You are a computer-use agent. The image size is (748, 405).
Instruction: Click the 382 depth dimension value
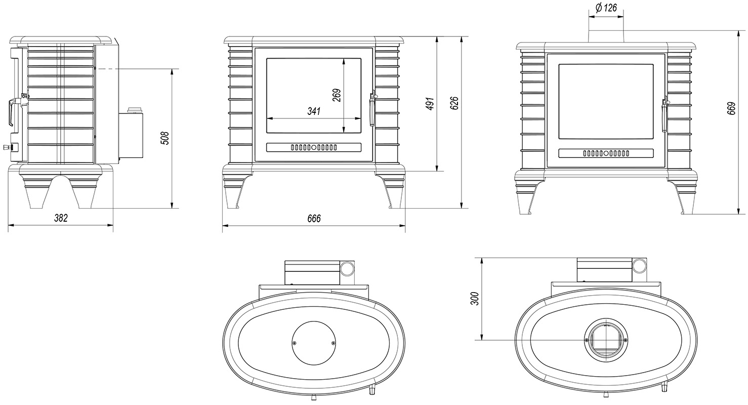pos(61,218)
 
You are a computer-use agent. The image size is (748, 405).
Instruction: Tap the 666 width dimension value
pos(314,219)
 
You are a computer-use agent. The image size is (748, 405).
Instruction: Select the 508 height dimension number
pos(165,138)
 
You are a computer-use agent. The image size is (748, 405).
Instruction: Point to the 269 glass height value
pos(337,95)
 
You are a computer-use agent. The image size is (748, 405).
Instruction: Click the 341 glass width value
pos(314,111)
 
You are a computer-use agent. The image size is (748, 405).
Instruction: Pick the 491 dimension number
pos(431,104)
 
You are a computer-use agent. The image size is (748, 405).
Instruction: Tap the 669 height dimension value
pos(731,108)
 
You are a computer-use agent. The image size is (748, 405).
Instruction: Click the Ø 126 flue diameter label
pos(606,8)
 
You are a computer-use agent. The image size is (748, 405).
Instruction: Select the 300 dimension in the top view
pos(475,298)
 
